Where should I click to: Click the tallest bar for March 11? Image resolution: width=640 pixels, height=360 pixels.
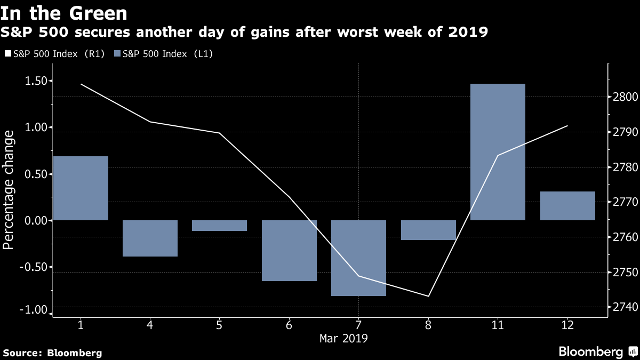point(498,152)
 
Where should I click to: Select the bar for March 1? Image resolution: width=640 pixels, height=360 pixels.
point(81,188)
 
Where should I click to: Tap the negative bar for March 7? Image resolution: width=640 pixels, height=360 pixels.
point(358,258)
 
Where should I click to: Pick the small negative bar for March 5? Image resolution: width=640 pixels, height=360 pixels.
point(219,226)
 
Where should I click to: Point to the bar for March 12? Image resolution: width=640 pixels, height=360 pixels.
point(567,206)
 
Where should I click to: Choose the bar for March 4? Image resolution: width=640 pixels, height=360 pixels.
point(150,238)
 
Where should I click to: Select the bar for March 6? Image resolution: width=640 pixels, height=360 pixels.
point(289,251)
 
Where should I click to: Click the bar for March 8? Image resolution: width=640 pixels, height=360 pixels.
point(428,230)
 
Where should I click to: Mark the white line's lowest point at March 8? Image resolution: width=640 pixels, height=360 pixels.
point(428,296)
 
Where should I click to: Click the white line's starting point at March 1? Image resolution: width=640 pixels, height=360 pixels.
point(81,84)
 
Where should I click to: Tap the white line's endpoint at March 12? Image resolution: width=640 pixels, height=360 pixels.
point(567,126)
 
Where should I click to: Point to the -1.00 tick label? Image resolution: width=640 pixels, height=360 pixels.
point(34,310)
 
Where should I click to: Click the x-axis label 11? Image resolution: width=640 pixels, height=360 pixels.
point(498,325)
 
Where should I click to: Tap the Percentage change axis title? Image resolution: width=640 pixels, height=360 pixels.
point(8,190)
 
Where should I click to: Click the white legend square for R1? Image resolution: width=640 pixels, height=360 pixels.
point(7,53)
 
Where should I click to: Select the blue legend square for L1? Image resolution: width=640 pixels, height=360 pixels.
point(117,53)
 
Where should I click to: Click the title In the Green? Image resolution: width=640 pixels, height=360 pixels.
point(63,13)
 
